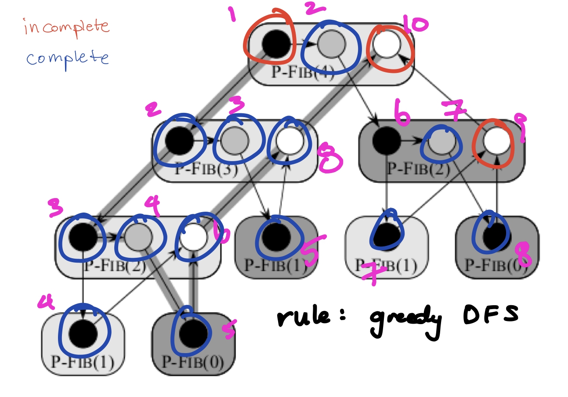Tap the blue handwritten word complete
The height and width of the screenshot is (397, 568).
pyautogui.click(x=67, y=58)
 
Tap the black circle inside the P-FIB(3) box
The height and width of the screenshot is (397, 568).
pyautogui.click(x=179, y=141)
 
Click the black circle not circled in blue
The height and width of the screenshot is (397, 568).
pyautogui.click(x=386, y=141)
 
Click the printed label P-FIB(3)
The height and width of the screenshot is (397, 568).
pyautogui.click(x=206, y=170)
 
